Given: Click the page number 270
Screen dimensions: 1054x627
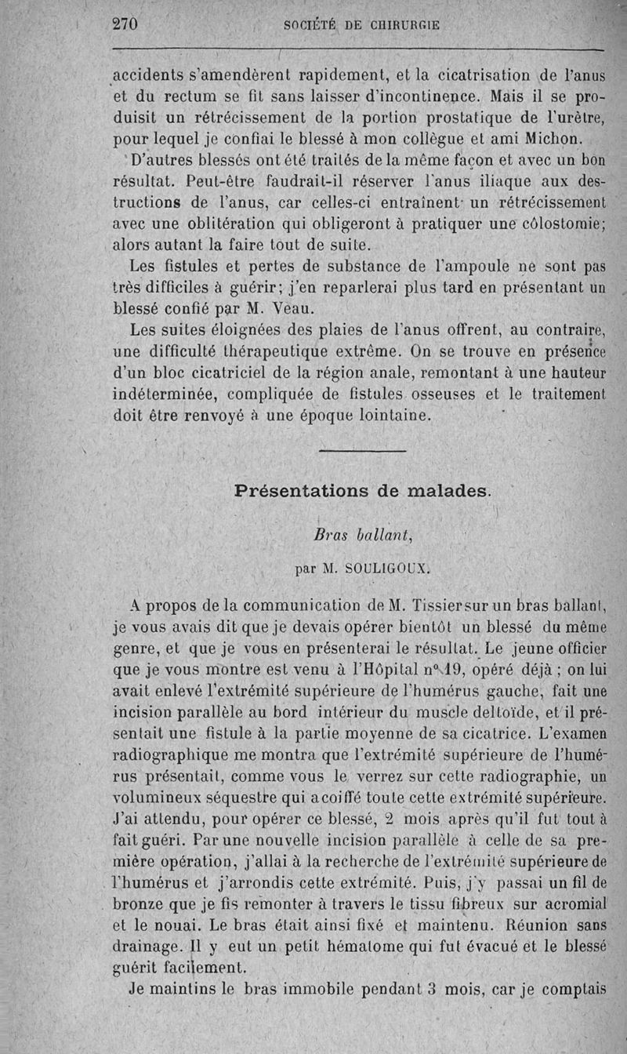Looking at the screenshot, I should [125, 24].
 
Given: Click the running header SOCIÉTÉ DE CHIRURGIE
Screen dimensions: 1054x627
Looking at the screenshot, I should [361, 25].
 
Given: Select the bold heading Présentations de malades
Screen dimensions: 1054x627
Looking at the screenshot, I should [363, 492].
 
